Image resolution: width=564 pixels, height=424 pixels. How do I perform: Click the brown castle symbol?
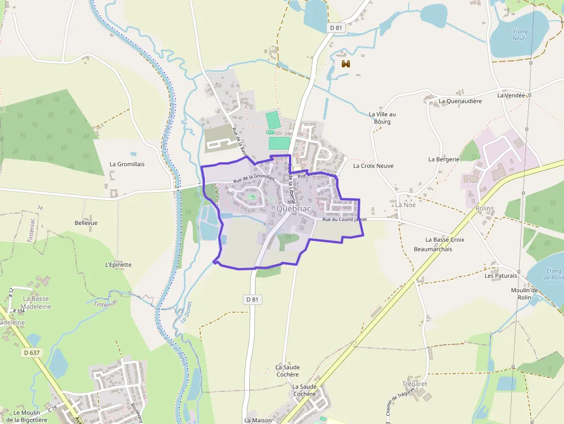point(346,64)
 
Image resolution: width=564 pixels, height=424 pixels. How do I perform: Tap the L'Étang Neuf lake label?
point(519,35)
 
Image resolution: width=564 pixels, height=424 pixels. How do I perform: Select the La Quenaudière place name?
point(460,101)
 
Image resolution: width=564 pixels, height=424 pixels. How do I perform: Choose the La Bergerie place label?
point(444,159)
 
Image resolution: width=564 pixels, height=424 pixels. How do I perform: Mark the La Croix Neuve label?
point(373,166)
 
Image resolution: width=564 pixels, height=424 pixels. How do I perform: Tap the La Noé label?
point(405,205)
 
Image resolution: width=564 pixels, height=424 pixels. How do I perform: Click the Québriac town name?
point(294,209)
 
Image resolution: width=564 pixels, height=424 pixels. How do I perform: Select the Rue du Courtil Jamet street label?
point(344,219)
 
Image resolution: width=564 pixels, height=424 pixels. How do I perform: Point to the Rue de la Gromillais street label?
point(254,180)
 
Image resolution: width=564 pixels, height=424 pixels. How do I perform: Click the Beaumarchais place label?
point(433,249)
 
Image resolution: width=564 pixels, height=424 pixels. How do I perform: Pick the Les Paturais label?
point(501,276)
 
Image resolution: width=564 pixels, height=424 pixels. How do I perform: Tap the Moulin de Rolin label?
point(524,293)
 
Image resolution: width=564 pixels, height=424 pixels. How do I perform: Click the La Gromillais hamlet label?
point(127,164)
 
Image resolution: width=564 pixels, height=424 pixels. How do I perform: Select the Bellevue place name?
point(86,223)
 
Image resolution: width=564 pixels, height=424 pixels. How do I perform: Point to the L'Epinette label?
point(119,265)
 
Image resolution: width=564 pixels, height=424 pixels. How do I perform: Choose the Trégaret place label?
point(414,384)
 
